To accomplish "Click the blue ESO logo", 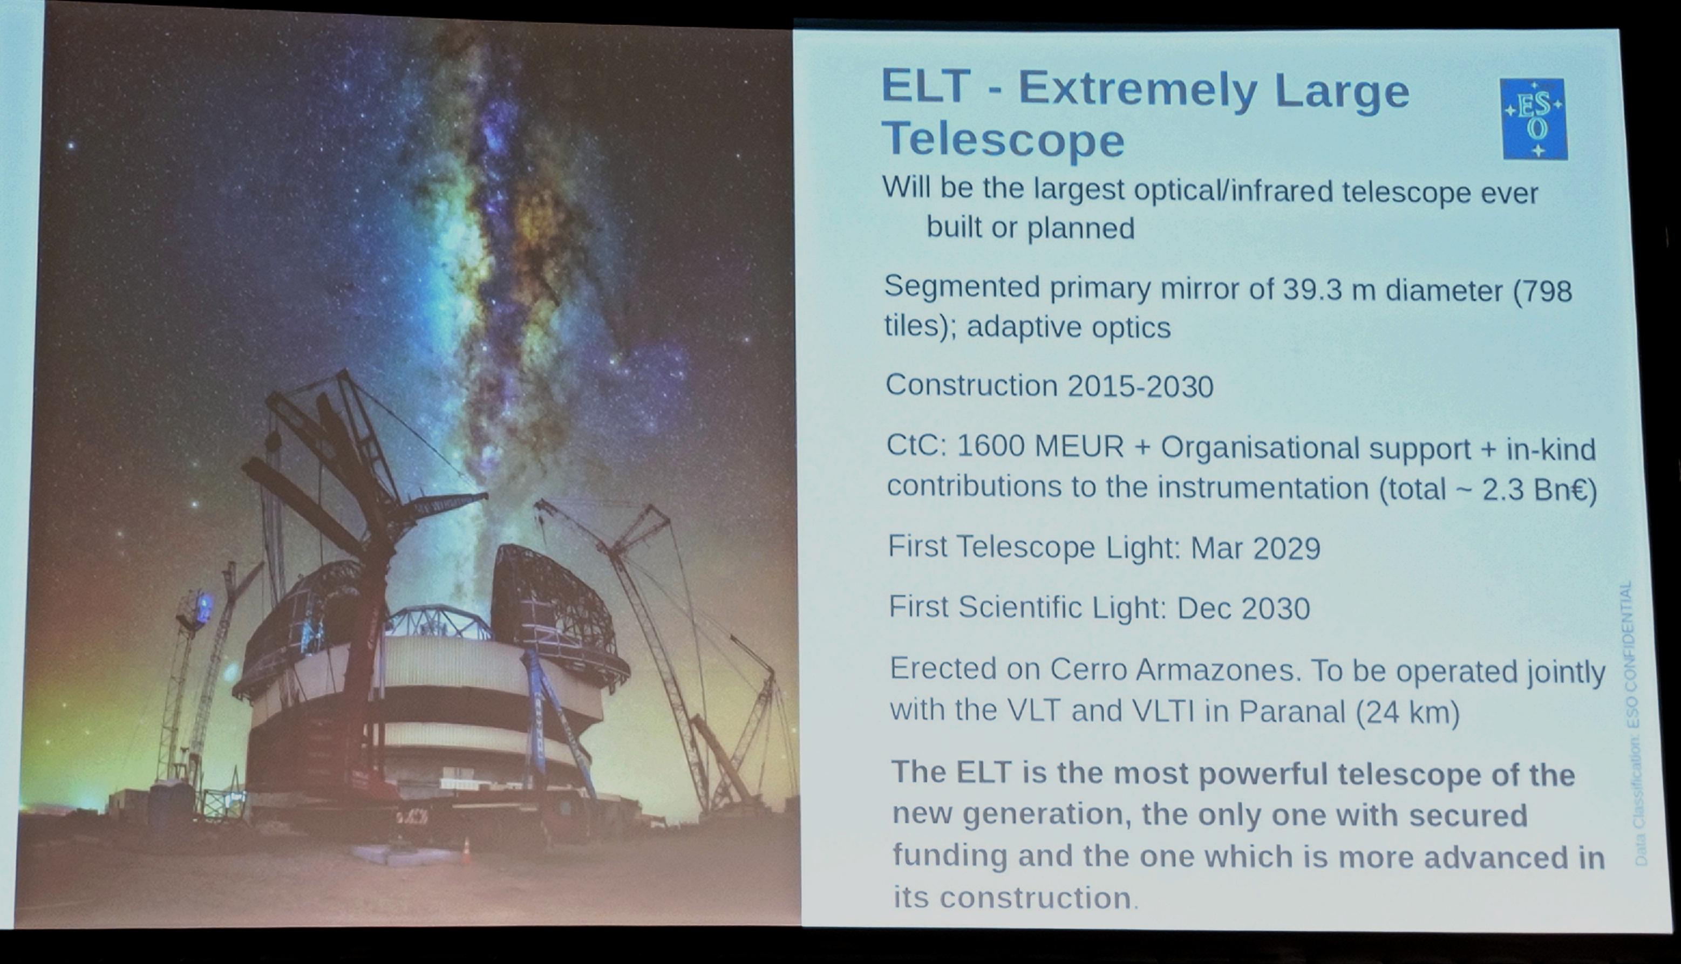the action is click(x=1535, y=119).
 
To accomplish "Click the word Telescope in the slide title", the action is click(x=1003, y=140).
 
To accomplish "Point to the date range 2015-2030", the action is click(x=1140, y=386).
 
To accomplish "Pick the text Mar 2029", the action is click(x=1255, y=548).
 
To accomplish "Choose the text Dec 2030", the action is click(x=1243, y=609).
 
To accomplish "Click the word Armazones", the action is click(x=1215, y=670).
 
